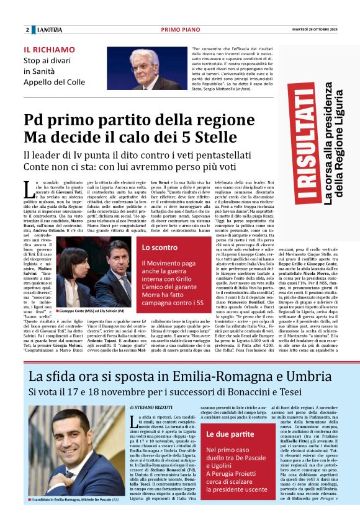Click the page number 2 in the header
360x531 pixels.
[x=27, y=30]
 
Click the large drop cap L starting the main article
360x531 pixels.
[x=28, y=187]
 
